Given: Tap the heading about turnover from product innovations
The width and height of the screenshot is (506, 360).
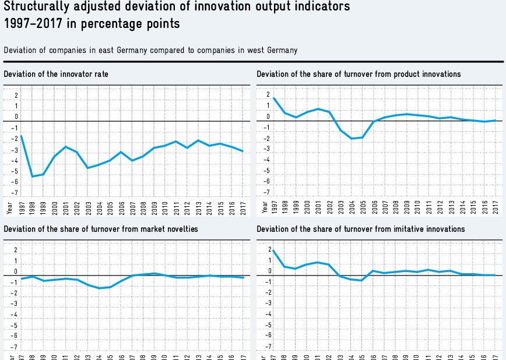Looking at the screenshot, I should coord(359,74).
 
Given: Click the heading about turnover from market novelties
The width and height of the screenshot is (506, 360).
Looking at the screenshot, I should coord(101,229).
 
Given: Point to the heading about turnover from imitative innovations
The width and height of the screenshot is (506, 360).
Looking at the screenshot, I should coord(361,229).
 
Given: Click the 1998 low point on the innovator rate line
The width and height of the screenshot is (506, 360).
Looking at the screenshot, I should coord(33,177).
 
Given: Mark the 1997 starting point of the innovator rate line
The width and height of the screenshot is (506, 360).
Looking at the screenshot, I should coord(22,136).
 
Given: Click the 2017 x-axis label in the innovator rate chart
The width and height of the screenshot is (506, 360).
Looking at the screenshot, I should coord(243,206).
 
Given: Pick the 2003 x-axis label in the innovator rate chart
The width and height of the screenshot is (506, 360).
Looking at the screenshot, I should coord(88,206).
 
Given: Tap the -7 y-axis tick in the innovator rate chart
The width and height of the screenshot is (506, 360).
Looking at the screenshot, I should coord(15,192).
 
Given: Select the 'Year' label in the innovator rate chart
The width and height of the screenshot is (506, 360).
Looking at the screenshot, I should coord(10,206).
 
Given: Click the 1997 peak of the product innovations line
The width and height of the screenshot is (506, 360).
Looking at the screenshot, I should coord(274,97).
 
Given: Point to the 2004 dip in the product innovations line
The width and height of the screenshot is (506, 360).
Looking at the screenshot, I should coord(352,139).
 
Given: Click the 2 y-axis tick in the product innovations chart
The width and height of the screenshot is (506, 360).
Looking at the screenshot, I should coord(268,94).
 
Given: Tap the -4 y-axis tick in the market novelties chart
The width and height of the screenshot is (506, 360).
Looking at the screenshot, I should coord(15,315).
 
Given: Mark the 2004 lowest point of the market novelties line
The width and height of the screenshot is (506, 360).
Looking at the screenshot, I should coord(99,288).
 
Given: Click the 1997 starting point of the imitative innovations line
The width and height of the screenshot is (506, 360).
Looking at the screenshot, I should coord(274,250).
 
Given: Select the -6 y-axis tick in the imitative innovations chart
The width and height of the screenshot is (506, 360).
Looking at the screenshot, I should coord(268,336).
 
